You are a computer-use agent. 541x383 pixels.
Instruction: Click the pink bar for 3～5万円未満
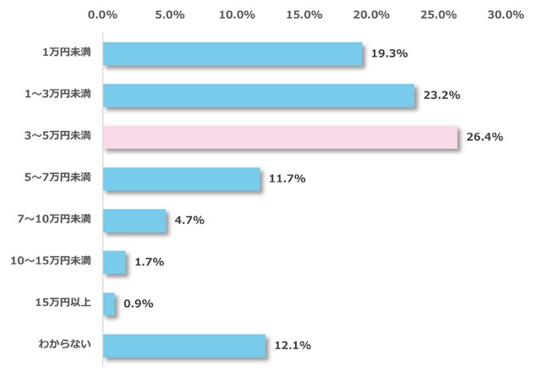(280, 137)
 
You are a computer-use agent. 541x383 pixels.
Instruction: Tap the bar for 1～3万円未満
(259, 95)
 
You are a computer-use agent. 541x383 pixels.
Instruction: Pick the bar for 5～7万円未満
(181, 178)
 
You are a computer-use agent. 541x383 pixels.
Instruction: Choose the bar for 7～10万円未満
(134, 221)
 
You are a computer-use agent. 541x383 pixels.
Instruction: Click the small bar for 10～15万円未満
(114, 262)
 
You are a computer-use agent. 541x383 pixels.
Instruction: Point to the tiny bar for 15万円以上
(109, 304)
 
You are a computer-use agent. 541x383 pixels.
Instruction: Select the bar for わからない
(183, 345)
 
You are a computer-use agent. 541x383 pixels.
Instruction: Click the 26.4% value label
(484, 137)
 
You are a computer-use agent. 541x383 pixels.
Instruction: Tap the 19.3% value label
(390, 53)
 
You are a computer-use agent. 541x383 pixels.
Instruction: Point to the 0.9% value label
(138, 304)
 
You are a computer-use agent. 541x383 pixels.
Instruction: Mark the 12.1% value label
(292, 345)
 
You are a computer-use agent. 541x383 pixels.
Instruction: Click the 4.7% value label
(188, 221)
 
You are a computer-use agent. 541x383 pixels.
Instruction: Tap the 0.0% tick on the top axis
(103, 14)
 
